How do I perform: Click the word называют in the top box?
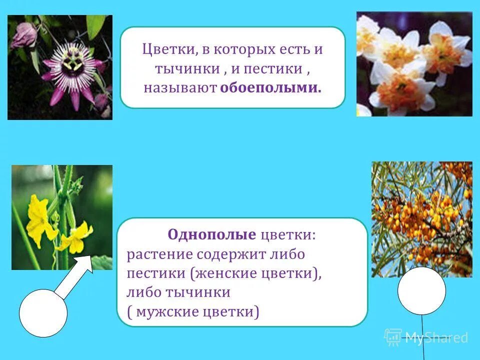click(x=179, y=88)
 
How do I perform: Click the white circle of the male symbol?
click(x=43, y=312)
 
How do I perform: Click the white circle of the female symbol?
click(x=421, y=290)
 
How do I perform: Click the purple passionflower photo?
click(x=60, y=67)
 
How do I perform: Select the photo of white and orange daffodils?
click(x=414, y=64)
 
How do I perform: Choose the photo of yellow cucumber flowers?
click(x=62, y=217)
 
